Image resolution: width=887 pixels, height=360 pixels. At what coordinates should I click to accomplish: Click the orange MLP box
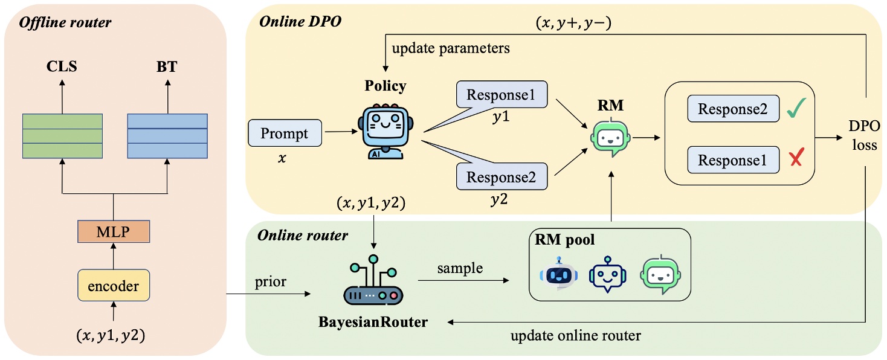point(114,231)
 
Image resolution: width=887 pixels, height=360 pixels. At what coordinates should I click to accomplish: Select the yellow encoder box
point(114,285)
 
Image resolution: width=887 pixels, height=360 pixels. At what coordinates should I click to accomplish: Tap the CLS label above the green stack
point(62,66)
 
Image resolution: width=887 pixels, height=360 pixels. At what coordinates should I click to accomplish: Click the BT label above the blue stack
point(167,66)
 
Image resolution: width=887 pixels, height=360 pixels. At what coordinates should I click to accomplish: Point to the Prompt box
point(285,133)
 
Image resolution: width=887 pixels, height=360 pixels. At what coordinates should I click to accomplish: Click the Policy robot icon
point(386,132)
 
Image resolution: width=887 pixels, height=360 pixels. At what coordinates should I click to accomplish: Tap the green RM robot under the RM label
point(608,138)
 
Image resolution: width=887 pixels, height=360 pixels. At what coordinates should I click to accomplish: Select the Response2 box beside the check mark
point(733,109)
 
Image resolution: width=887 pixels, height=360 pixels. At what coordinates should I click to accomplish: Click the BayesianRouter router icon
point(373,284)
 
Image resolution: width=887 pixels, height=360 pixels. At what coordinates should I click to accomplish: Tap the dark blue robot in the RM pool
point(558,274)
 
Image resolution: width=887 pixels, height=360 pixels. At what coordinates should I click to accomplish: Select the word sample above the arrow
point(460,268)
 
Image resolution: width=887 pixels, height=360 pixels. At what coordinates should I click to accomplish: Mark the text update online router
point(575,335)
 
